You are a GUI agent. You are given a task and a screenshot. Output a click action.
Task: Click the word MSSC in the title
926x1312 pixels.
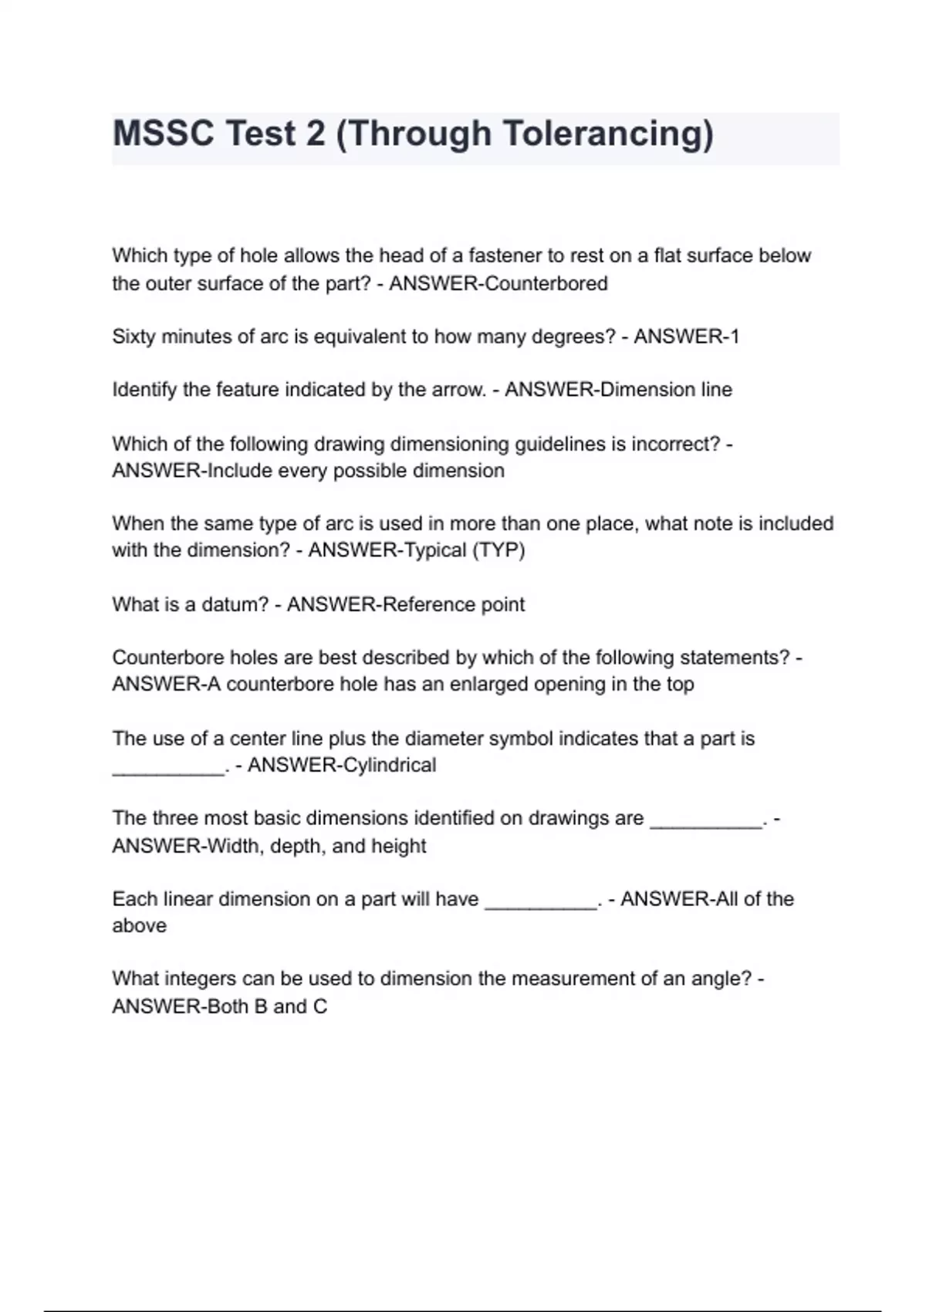[x=163, y=134]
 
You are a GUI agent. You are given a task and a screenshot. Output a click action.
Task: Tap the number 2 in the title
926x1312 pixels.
[x=316, y=134]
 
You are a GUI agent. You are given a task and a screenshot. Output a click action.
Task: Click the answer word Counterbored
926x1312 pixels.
[x=547, y=283]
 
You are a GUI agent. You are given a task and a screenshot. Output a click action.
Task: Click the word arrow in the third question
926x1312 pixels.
[x=458, y=390]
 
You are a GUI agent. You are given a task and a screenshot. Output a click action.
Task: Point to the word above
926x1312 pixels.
[x=139, y=925]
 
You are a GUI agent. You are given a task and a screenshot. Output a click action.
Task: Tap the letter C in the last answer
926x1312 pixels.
[x=319, y=1006]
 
